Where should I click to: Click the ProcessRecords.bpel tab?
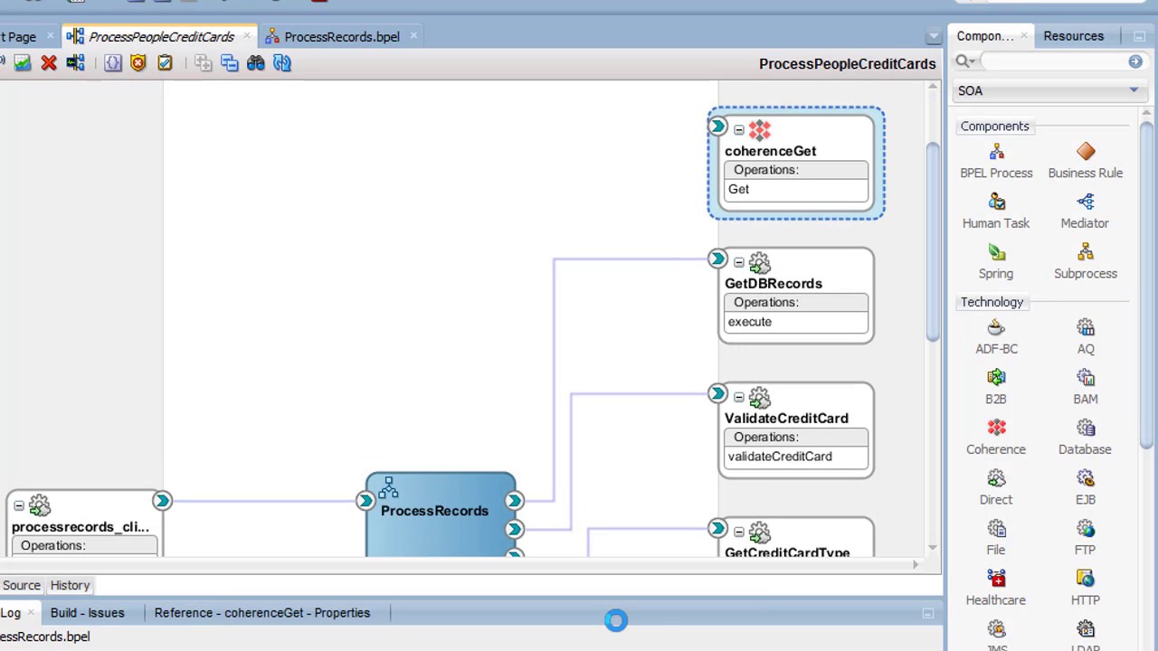point(341,37)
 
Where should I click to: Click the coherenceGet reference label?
point(770,151)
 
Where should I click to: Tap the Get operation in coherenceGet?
point(739,189)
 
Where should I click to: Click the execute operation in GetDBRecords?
point(750,322)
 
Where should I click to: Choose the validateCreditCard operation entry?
point(780,457)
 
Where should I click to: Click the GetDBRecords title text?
point(773,283)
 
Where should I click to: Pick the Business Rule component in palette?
point(1085,160)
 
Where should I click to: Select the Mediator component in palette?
point(1085,211)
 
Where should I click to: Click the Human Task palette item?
point(995,211)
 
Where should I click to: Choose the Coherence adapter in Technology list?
point(995,436)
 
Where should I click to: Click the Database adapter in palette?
point(1085,436)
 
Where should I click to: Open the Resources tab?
point(1073,36)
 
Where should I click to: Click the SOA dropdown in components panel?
point(1048,90)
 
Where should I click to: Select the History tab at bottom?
point(70,585)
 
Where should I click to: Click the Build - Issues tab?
point(88,613)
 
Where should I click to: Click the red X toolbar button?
point(49,63)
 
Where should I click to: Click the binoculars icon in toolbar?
point(255,63)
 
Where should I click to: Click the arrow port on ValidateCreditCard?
point(717,394)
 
